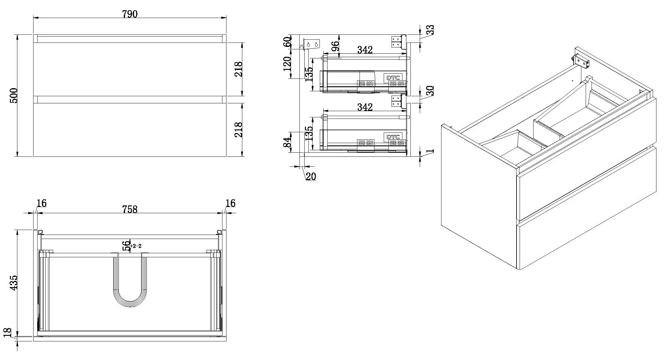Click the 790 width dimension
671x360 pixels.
(130, 14)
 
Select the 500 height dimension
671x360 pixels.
(14, 96)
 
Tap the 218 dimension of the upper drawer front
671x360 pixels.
(238, 69)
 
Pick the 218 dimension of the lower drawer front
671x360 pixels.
(238, 129)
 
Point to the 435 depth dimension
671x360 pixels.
(14, 283)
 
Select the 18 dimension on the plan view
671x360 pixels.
(8, 332)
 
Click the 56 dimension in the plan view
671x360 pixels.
(127, 246)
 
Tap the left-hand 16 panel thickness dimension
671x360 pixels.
(41, 203)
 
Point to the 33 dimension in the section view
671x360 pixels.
(430, 30)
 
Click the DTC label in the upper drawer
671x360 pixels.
(393, 78)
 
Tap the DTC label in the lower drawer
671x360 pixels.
(393, 137)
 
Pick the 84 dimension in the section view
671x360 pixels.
(288, 142)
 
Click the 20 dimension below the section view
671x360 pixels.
(311, 176)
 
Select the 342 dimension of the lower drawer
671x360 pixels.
(365, 107)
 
